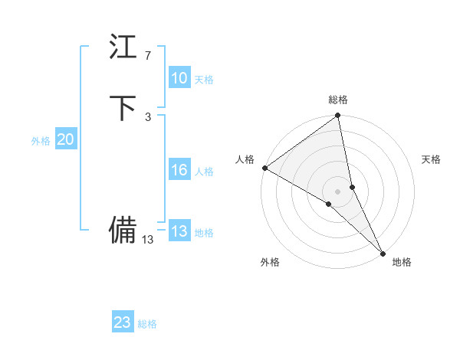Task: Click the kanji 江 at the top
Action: coord(123,48)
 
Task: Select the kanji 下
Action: coord(123,108)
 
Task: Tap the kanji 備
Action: coord(123,229)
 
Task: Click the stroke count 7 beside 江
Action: coord(148,56)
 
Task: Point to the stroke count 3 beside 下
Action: coord(148,116)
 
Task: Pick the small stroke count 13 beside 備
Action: coord(148,239)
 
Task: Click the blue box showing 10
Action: coord(179,78)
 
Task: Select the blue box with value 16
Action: coord(179,170)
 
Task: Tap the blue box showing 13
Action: coord(179,231)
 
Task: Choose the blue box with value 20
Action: coord(66,139)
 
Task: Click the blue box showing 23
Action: coord(123,322)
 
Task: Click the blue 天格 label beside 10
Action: coord(204,80)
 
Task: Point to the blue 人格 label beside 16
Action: coord(204,172)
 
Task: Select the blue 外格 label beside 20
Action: coord(41,141)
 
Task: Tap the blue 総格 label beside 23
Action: coord(147,324)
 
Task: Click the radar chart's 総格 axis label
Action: coord(338,100)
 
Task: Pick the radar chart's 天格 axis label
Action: coord(432,159)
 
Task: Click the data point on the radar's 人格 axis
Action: coord(264,168)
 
